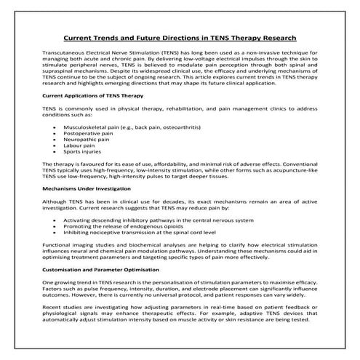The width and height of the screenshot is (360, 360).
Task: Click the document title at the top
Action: click(x=180, y=38)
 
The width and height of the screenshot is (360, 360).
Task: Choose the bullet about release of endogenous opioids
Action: click(x=137, y=228)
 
